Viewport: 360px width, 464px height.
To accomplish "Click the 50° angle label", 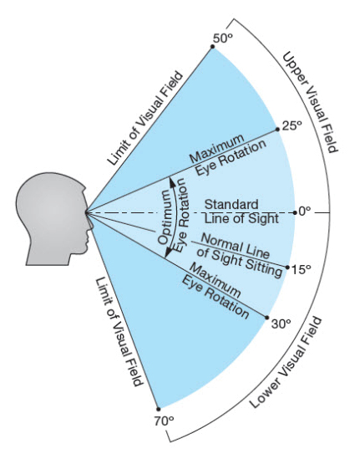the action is click(222, 38).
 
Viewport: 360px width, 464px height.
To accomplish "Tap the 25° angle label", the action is click(292, 125).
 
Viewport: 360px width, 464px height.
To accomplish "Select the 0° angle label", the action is click(305, 212).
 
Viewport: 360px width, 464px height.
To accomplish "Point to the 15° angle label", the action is click(302, 269).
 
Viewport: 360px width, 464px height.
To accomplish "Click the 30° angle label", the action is click(281, 324).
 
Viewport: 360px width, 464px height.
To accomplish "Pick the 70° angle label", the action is click(164, 421).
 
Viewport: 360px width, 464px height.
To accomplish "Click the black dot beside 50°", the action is click(212, 47).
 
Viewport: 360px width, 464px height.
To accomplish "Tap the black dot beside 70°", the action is click(159, 410).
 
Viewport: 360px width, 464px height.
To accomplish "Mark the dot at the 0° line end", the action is click(295, 212).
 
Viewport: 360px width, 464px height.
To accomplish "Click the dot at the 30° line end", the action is click(267, 318).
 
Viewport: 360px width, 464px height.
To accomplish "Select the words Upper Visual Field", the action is click(311, 102).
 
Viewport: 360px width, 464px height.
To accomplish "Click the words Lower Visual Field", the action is click(286, 363).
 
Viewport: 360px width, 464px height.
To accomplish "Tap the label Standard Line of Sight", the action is click(241, 212).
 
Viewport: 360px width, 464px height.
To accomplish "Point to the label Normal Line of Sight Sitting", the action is click(240, 255).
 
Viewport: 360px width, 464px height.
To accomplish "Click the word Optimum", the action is click(165, 217).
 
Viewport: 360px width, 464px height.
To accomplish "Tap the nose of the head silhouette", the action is click(91, 224).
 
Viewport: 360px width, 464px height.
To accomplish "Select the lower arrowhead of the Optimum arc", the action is click(168, 252).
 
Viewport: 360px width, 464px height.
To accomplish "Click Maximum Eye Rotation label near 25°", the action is click(227, 155).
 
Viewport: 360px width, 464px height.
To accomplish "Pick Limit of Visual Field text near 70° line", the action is click(119, 332).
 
